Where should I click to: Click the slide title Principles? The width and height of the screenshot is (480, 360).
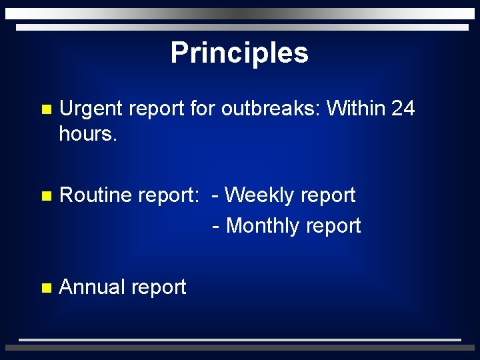pos(239,53)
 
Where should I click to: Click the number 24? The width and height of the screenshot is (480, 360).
pos(403,108)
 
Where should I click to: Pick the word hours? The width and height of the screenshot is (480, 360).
pos(87,133)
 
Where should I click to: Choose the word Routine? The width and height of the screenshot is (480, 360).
pos(95,195)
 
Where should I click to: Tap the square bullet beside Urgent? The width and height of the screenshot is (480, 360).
pos(45,109)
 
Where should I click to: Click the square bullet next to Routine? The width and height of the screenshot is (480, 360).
pos(45,197)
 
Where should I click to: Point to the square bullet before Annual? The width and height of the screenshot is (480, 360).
pos(45,289)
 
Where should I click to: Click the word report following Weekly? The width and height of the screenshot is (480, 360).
pos(327,196)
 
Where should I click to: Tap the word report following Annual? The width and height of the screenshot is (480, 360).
pos(159,288)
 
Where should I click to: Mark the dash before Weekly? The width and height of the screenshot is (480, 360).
pos(216,196)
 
